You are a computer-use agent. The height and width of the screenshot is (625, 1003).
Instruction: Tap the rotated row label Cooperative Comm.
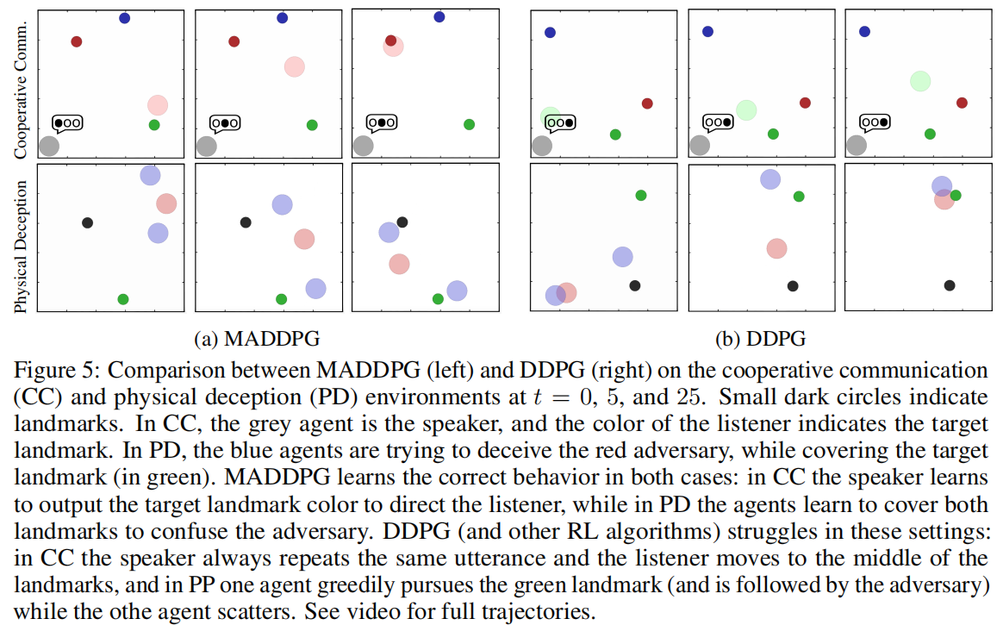click(22, 88)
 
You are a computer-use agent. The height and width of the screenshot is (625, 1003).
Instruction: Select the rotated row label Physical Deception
click(22, 246)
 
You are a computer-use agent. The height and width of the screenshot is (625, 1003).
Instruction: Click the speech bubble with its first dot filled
click(68, 123)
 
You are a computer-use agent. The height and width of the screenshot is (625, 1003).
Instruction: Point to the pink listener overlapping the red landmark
click(392, 46)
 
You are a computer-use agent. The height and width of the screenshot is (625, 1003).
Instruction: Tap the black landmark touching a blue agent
click(402, 222)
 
